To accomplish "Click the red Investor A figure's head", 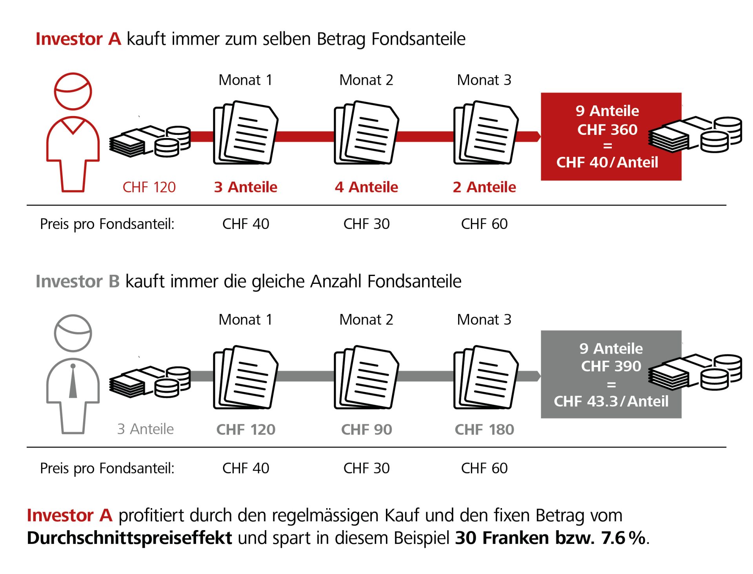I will (73, 91).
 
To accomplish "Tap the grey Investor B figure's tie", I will (73, 382).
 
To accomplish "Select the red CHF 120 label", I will (149, 187).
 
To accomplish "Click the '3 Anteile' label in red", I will (246, 187).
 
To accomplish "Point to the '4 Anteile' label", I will (366, 187).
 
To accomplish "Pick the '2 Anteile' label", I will (484, 187).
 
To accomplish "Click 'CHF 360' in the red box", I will (607, 130).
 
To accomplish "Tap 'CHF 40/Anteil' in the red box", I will (607, 162).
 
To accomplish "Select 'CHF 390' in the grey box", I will (611, 366).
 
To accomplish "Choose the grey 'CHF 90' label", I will (366, 430).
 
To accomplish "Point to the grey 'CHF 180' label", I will (484, 430).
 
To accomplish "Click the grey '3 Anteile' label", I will (145, 429).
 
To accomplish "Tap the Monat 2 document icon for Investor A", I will (366, 133).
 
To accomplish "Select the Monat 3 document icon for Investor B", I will (486, 377).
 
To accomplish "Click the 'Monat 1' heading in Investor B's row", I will (246, 320).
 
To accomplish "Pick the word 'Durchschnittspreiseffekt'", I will (129, 538).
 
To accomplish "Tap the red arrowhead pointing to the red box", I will (538, 136).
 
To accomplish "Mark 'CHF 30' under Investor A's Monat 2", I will (366, 224).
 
